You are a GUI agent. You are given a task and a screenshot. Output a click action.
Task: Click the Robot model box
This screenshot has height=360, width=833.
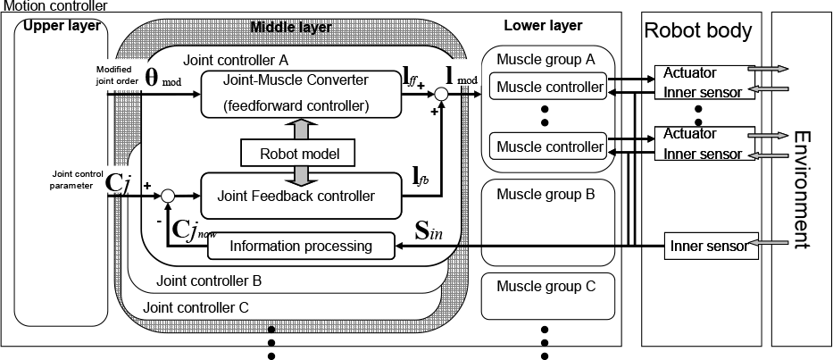pyautogui.click(x=300, y=153)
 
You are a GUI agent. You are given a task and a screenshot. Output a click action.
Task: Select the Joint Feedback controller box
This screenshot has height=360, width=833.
pyautogui.click(x=301, y=195)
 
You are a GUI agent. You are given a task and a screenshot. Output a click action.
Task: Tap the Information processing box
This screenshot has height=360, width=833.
pyautogui.click(x=301, y=247)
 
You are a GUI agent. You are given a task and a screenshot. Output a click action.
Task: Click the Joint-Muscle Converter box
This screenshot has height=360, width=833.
pyautogui.click(x=300, y=94)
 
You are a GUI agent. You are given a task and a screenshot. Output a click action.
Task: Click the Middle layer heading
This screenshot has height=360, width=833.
pyautogui.click(x=290, y=28)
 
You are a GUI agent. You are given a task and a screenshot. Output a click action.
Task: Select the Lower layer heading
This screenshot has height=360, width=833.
pyautogui.click(x=543, y=25)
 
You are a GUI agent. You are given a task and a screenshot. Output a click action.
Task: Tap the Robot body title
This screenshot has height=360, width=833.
pyautogui.click(x=698, y=31)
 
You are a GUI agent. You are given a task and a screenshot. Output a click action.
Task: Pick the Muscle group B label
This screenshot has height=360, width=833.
pyautogui.click(x=546, y=194)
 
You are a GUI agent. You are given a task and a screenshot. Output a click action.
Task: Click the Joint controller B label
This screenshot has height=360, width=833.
pyautogui.click(x=209, y=280)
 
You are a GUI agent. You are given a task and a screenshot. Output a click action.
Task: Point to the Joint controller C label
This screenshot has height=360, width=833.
pyautogui.click(x=196, y=307)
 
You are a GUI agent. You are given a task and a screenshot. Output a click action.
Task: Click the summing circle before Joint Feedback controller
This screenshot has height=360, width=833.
pyautogui.click(x=168, y=196)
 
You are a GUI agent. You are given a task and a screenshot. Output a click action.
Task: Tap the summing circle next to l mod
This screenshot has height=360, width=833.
pyautogui.click(x=441, y=94)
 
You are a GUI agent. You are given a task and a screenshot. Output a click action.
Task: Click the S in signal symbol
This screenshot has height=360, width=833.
pyautogui.click(x=429, y=232)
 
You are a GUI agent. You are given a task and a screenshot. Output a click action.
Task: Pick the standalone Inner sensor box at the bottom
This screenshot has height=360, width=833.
pyautogui.click(x=712, y=247)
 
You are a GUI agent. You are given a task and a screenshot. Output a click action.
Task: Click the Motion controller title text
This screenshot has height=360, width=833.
pyautogui.click(x=55, y=6)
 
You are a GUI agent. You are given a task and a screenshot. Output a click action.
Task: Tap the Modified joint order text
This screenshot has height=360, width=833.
pyautogui.click(x=118, y=74)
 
